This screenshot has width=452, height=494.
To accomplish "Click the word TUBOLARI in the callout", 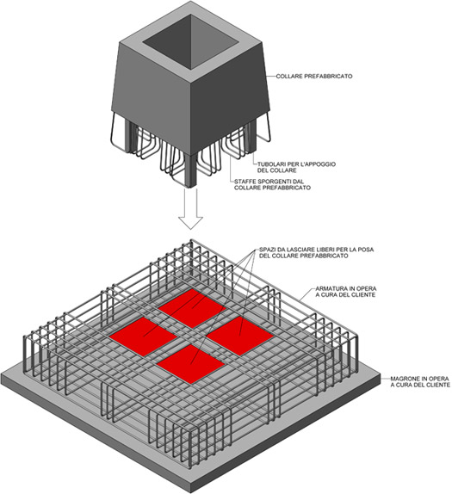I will [273, 161].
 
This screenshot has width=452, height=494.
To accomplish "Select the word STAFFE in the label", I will [247, 182].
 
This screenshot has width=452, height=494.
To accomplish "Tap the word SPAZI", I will [273, 250].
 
